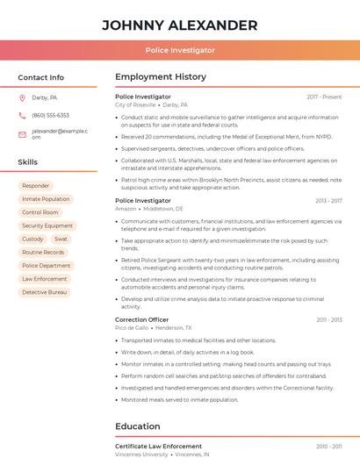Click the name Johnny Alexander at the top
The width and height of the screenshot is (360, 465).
tap(180, 25)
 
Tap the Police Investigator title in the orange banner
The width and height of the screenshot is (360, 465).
tap(180, 50)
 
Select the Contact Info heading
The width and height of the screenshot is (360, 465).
tap(41, 77)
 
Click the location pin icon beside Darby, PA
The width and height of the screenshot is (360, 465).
tap(22, 98)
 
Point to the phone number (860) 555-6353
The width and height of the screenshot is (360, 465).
tap(50, 115)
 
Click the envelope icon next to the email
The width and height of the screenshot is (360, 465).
tap(22, 134)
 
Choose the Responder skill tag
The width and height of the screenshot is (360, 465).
tap(36, 186)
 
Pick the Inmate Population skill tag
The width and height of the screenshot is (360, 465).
tap(46, 199)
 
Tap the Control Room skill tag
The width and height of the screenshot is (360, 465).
tap(40, 212)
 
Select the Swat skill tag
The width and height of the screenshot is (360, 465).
tap(61, 239)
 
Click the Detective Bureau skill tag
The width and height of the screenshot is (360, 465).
tap(45, 291)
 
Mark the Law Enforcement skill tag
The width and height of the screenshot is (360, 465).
tap(44, 278)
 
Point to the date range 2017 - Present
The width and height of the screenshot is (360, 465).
tap(324, 97)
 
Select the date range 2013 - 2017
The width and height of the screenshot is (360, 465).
tap(328, 201)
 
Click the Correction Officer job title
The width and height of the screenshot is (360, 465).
tap(141, 319)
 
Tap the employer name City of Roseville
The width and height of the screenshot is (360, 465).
tap(135, 104)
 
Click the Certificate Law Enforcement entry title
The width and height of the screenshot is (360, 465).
tap(158, 447)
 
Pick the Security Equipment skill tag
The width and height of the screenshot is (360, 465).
tap(47, 225)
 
